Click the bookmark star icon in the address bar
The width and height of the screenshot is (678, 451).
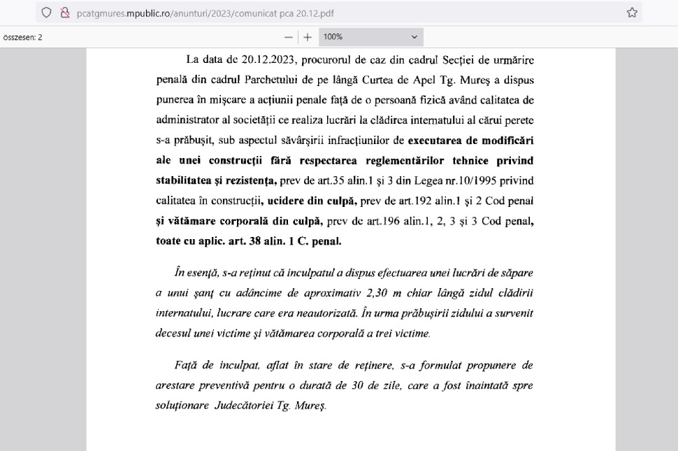click(632, 13)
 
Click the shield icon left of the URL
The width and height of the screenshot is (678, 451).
click(47, 13)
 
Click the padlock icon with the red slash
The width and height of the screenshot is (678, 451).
click(65, 13)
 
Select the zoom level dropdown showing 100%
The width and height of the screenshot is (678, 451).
click(371, 36)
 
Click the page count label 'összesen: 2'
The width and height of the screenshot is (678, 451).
click(22, 37)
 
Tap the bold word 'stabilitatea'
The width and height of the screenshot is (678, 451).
click(185, 180)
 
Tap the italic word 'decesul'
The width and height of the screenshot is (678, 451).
click(173, 333)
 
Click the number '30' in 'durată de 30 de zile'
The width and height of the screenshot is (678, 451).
click(390, 385)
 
